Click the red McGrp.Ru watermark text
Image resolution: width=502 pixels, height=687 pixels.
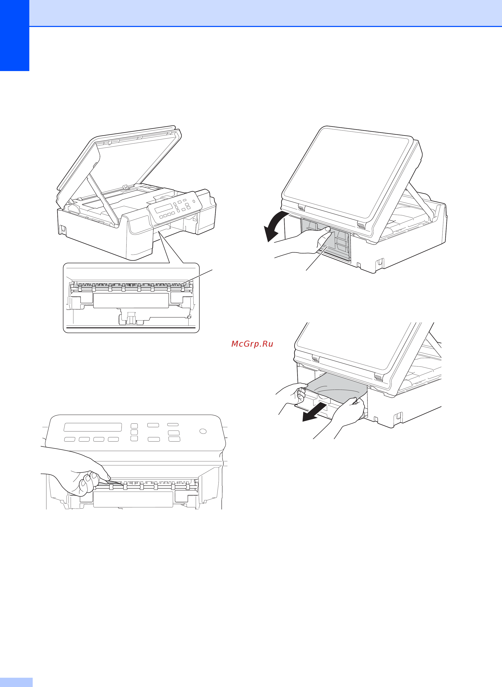point(252,344)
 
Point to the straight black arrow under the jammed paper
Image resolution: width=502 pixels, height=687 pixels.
point(314,413)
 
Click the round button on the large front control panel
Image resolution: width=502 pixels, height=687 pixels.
point(203,431)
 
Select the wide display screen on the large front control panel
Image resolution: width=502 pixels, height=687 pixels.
point(93,427)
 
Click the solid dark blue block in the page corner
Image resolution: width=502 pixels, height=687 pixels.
point(15,36)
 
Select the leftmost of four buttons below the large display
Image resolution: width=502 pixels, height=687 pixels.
point(70,439)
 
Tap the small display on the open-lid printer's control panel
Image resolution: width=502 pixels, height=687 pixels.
point(163,208)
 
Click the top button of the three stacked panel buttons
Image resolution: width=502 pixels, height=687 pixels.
point(134,426)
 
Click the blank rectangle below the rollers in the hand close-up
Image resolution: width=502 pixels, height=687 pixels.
point(133,499)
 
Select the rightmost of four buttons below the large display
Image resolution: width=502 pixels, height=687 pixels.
point(113,439)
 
